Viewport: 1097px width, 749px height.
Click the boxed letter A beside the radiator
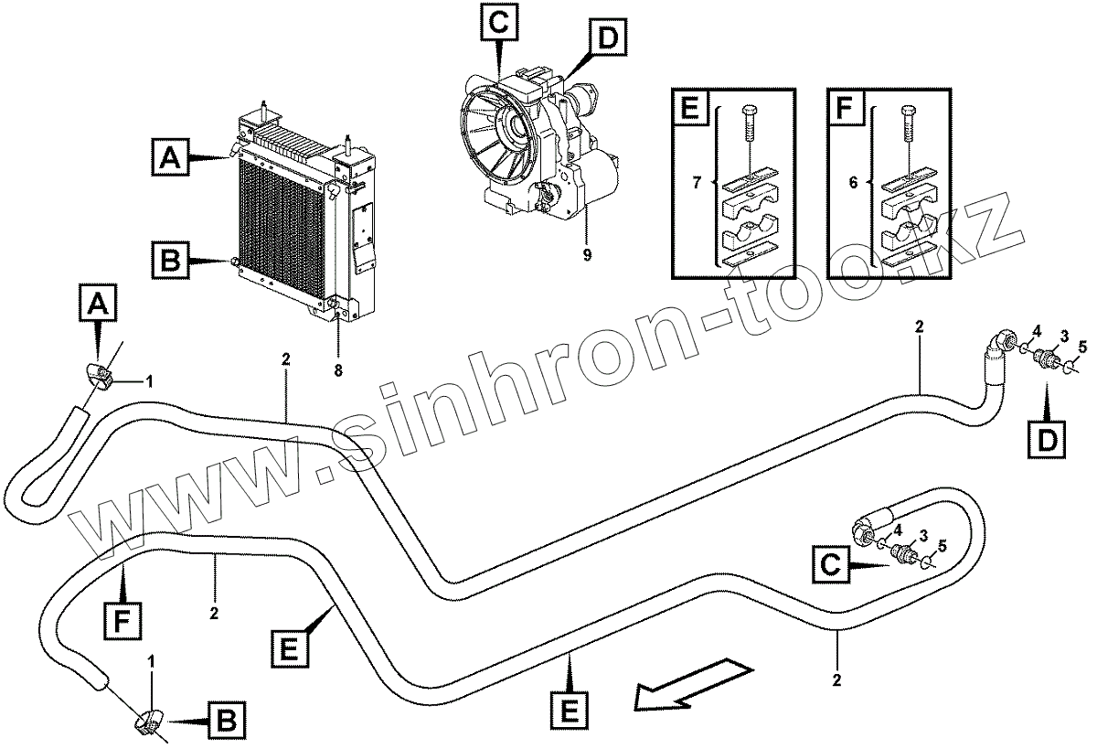[x=172, y=159]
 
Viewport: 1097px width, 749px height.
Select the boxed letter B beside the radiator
[x=170, y=262]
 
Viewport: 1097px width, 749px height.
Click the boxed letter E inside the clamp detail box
[x=691, y=109]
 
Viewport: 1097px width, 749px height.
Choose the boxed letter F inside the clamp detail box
[x=845, y=109]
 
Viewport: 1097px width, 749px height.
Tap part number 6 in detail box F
[x=853, y=183]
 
